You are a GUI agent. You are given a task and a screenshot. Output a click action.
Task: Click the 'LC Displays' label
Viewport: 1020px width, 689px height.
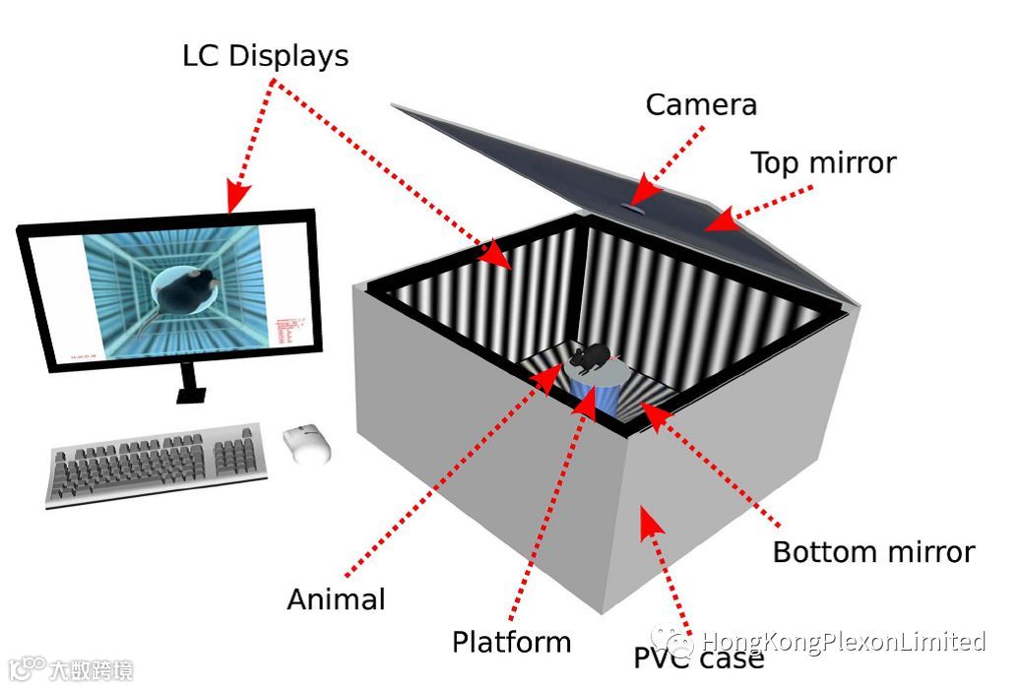266,56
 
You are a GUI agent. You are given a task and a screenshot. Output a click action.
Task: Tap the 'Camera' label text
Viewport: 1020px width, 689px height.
701,104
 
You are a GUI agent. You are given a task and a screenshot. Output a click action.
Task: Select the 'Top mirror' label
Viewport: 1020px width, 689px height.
823,162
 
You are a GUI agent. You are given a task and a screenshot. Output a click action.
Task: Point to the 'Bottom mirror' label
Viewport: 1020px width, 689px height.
873,552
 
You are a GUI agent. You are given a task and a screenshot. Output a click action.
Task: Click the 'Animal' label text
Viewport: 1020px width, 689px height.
336,598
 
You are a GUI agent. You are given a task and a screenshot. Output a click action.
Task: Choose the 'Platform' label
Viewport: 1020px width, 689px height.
511,643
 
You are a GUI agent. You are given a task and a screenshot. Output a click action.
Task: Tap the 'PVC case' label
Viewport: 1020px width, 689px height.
698,658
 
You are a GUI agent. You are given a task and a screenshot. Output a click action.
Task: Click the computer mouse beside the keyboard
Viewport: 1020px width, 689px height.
307,443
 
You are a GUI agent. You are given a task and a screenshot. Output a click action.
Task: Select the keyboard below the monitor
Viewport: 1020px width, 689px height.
158,463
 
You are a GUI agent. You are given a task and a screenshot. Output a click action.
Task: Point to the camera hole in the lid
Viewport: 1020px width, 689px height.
633,207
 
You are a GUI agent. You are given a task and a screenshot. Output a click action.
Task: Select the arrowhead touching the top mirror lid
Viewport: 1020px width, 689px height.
720,220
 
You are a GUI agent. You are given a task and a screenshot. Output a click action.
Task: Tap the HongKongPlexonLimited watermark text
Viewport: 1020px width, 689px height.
843,643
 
